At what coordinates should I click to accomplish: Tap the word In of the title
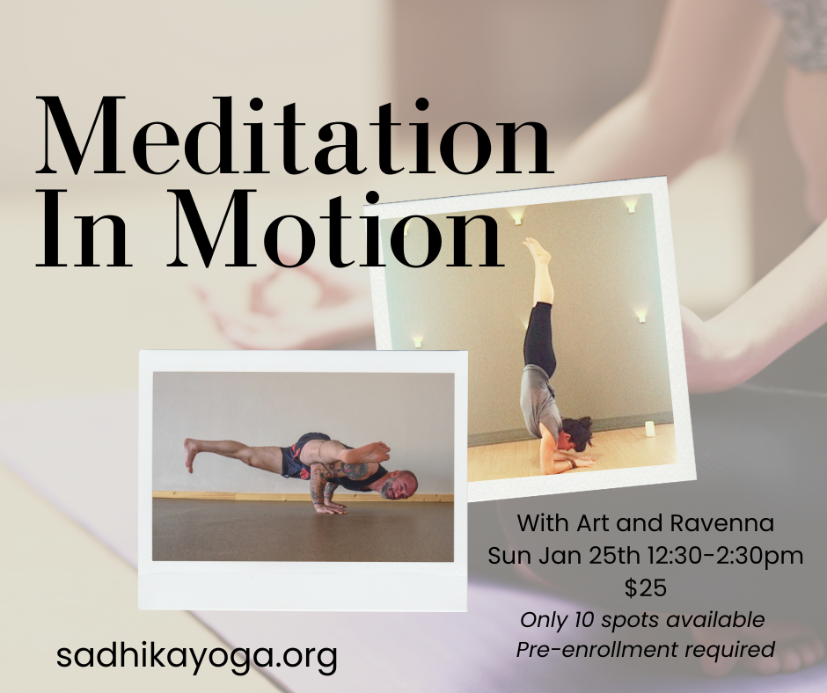click(x=79, y=230)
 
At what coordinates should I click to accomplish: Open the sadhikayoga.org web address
click(x=196, y=656)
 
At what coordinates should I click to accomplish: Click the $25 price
click(x=644, y=587)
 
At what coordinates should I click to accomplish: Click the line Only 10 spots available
click(x=642, y=619)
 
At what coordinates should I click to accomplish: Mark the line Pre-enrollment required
click(x=646, y=650)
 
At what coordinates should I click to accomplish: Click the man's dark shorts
click(x=299, y=455)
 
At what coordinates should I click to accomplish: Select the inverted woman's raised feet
click(x=536, y=251)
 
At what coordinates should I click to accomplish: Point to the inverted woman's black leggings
click(x=539, y=334)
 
